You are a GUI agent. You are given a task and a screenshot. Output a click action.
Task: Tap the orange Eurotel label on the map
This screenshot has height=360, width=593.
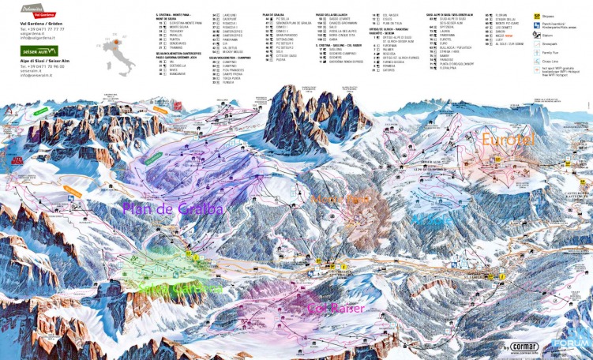[507, 139]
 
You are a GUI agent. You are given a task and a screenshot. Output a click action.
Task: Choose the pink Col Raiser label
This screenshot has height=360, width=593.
[336, 308]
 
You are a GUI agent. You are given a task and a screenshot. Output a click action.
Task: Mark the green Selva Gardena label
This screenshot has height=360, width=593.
[180, 289]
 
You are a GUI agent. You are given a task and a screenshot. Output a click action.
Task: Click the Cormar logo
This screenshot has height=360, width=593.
[518, 346]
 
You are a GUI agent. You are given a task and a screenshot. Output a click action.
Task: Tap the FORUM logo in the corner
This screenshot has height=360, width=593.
[576, 341]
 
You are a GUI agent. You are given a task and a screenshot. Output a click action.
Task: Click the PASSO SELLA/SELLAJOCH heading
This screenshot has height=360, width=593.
[335, 14]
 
